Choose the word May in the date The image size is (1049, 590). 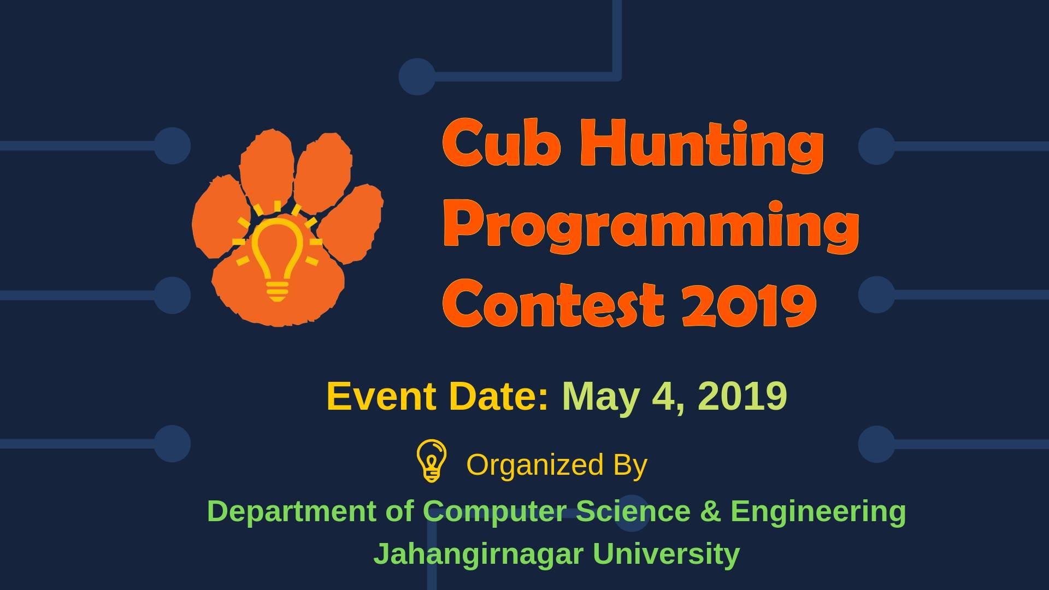600,398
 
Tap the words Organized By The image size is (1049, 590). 557,465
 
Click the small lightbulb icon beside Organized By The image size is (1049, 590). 432,461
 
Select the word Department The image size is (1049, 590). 292,512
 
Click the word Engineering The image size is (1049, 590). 818,512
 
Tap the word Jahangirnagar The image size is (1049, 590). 479,554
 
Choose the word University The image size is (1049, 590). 667,554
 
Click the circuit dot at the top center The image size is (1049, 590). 417,76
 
